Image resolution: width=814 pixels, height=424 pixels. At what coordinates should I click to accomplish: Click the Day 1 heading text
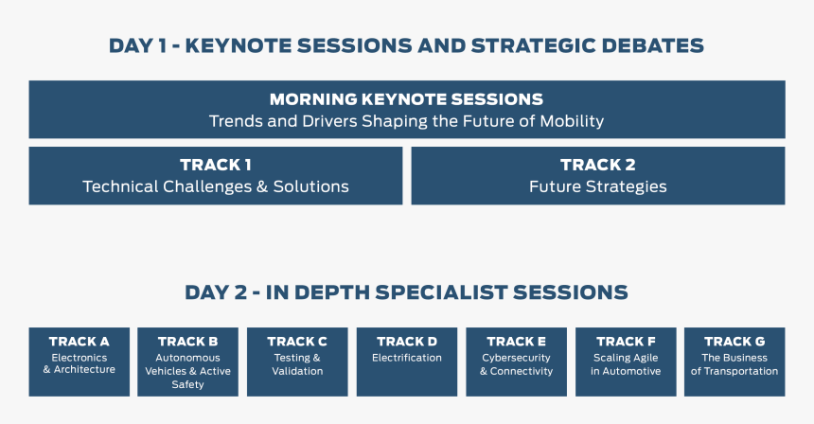point(406,45)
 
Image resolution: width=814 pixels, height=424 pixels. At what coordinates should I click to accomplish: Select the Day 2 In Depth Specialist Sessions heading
point(406,292)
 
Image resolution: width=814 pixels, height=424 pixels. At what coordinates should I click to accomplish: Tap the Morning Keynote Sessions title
point(406,99)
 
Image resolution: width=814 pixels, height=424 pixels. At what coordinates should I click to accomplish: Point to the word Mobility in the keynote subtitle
point(572,121)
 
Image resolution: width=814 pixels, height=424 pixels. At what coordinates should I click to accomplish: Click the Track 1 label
point(216,165)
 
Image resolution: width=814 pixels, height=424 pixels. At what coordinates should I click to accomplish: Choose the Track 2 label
point(598,165)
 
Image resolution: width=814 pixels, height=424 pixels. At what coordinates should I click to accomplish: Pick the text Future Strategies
point(598,186)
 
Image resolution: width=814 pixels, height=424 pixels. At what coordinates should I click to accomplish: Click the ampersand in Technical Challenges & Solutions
point(262,186)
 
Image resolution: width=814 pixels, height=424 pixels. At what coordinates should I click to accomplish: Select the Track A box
point(80,362)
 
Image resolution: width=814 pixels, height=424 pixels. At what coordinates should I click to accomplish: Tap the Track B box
point(188,362)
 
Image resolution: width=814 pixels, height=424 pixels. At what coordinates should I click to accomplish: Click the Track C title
point(297,342)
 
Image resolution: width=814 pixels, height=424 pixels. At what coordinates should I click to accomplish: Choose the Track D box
point(407,362)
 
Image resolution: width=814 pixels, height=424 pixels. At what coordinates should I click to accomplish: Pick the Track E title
point(517,342)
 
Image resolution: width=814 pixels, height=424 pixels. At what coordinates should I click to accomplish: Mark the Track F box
point(626,362)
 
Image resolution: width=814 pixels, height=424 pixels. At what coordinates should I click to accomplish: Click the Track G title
point(734,342)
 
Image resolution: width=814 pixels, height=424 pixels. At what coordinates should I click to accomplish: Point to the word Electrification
point(407,358)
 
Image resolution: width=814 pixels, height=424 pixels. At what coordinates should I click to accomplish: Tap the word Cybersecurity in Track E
point(517,358)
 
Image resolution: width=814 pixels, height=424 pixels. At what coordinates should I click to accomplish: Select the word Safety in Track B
point(188,385)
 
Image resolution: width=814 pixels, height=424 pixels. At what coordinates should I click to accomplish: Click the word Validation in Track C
point(297,371)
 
